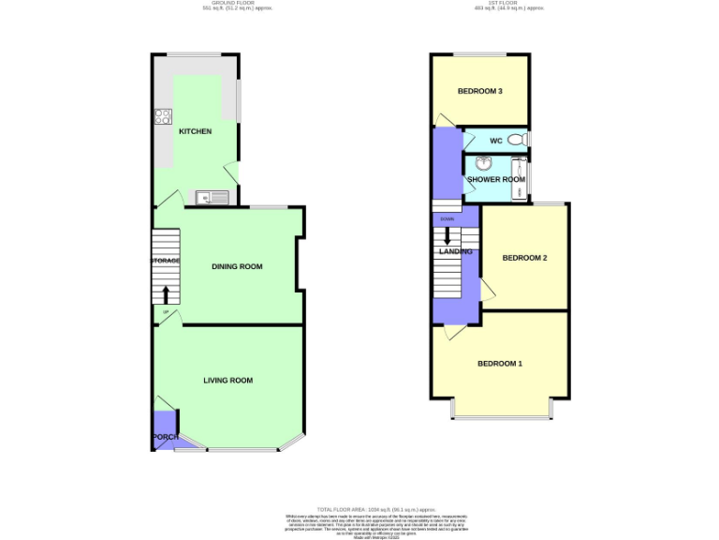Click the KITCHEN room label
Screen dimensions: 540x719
point(196,131)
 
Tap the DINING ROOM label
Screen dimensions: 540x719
point(237,267)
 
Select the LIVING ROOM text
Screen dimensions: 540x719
point(228,381)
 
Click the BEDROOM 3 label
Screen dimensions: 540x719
point(480,92)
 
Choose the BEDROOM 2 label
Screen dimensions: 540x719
point(524,258)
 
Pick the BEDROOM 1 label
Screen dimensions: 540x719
point(500,364)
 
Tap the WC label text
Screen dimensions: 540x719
point(496,141)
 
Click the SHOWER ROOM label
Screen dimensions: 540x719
point(496,178)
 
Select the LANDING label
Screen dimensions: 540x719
point(456,251)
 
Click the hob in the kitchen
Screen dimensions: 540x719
point(163,117)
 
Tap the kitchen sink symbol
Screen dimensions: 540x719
point(214,197)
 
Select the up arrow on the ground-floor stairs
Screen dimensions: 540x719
point(167,294)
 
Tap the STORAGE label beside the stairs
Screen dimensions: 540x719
point(166,261)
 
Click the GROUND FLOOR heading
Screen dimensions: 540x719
point(228,4)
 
